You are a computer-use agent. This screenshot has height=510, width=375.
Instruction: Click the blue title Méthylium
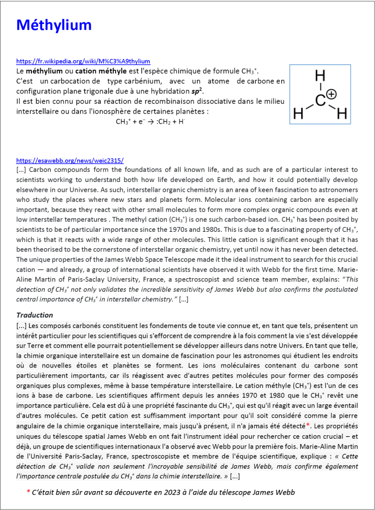(54, 25)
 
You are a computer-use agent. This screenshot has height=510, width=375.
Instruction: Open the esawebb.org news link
(70, 161)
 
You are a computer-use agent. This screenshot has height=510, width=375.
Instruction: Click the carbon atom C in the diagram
(321, 100)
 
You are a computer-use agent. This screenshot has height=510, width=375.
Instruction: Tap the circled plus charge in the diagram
(332, 94)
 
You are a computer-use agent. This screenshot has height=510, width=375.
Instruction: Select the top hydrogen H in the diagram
(320, 76)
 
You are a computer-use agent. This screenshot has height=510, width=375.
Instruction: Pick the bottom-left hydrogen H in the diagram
(298, 114)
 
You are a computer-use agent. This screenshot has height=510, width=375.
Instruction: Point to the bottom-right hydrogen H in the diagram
(342, 114)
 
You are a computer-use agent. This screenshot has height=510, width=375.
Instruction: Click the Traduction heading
(35, 315)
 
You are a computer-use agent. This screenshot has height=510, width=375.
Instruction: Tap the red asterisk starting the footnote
(28, 492)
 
